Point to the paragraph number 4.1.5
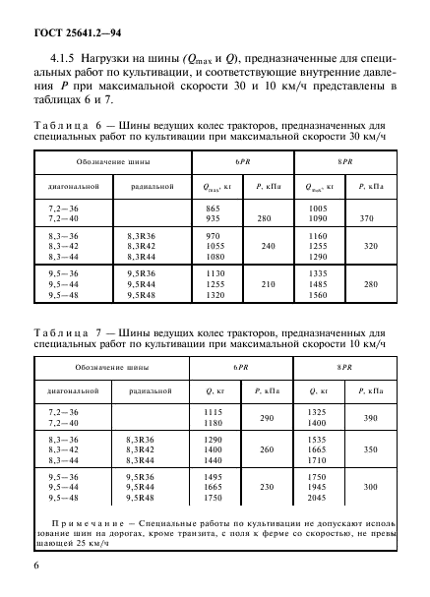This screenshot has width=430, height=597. [x=67, y=56]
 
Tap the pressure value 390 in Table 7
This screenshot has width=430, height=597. [x=371, y=418]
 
